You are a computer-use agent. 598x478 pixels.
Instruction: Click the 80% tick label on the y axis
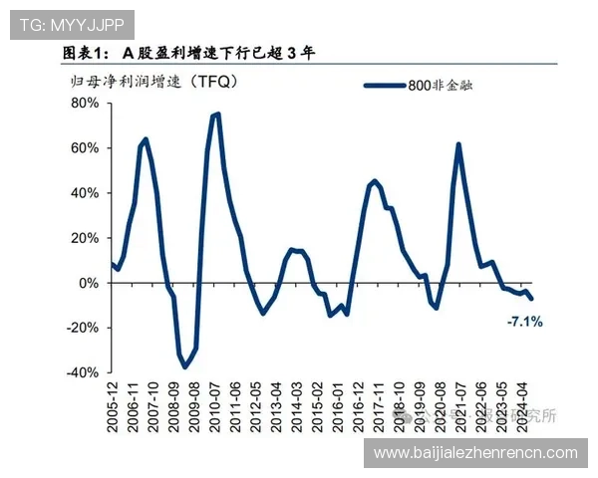tap(84, 103)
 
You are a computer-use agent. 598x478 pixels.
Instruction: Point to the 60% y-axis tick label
tap(84, 148)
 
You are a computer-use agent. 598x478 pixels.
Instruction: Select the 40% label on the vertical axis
tap(84, 193)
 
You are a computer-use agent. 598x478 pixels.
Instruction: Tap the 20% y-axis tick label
tap(84, 238)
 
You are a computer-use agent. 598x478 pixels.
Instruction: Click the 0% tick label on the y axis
tap(88, 283)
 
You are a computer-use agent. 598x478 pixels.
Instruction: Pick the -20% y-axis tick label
tap(82, 328)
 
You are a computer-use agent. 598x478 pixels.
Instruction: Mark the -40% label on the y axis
tap(82, 372)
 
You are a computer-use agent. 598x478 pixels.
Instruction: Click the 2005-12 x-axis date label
tap(112, 409)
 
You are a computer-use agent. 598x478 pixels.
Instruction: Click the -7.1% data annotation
tap(524, 322)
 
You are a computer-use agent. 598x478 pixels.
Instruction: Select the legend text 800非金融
tap(440, 86)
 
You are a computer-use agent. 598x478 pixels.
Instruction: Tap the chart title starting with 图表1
tap(188, 53)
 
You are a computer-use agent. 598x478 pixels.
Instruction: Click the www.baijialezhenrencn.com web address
tap(475, 453)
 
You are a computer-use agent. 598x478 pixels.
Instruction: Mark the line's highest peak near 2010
tap(216, 114)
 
